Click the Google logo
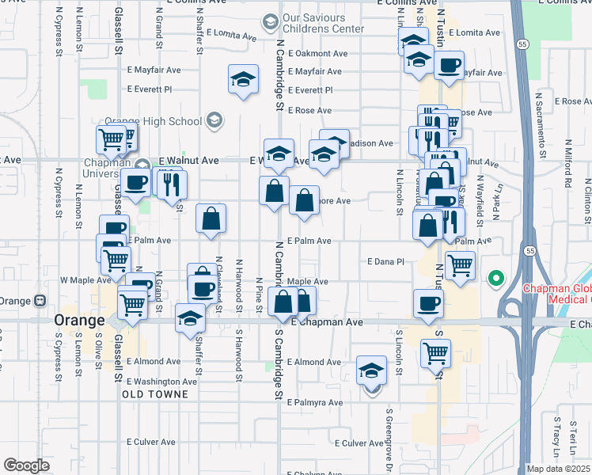coord(25,465)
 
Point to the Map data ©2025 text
coord(557,469)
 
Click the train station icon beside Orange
coord(40,301)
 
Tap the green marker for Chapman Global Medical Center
coord(496,278)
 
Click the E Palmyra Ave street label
coord(315,402)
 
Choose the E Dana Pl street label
coord(386,261)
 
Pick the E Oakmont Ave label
coord(317,54)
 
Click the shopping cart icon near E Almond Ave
coord(436,352)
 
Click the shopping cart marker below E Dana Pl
coord(460,265)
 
